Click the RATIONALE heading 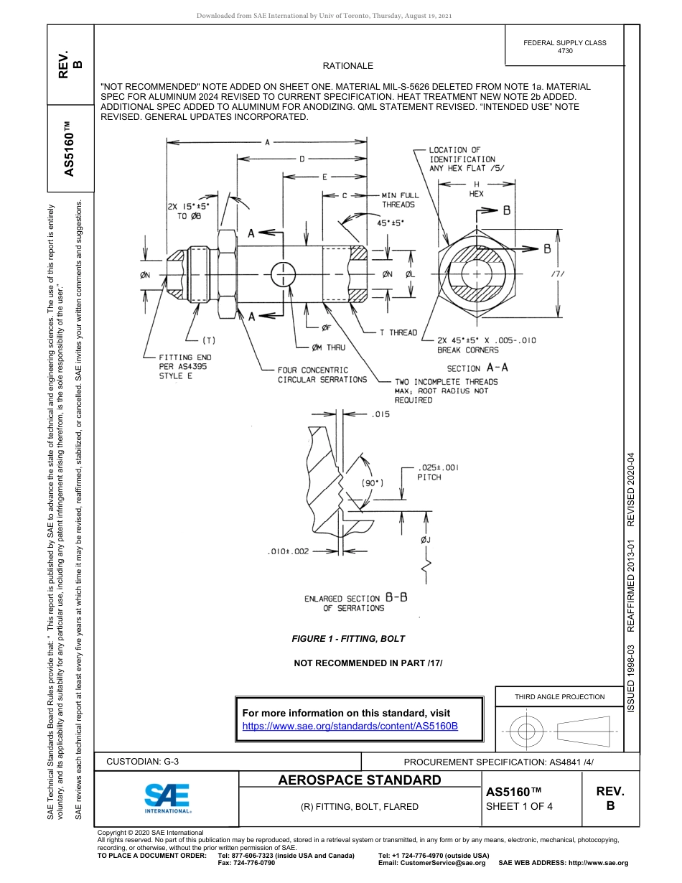[x=347, y=65]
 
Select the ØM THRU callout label [x=328, y=347]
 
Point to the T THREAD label [x=398, y=332]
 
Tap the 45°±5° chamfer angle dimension [x=391, y=223]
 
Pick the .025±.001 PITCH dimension [x=437, y=472]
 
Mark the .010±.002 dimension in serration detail [x=288, y=551]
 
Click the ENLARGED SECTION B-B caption [x=355, y=602]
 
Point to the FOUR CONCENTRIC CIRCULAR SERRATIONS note [x=322, y=375]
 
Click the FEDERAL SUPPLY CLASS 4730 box [x=564, y=47]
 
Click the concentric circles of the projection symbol [x=527, y=732]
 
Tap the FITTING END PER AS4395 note [x=184, y=366]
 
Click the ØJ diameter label [x=426, y=540]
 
